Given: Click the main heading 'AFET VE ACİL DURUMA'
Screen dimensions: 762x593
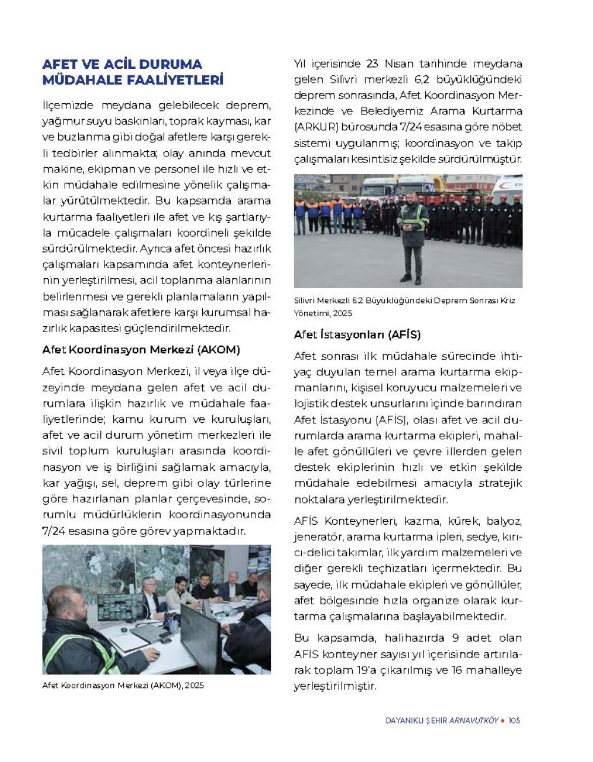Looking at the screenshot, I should coord(122,64).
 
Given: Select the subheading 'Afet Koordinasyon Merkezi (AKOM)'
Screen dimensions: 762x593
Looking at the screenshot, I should coord(141,350).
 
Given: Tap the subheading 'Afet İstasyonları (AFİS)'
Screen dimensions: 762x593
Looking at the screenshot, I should coord(357,334).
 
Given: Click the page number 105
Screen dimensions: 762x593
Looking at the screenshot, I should coord(514,720).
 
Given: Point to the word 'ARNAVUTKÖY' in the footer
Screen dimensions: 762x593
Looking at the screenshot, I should coord(474,720).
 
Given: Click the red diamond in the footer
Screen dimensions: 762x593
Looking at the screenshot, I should coord(503,720).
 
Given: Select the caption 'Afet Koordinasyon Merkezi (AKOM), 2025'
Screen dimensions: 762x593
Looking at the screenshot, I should coord(123,686).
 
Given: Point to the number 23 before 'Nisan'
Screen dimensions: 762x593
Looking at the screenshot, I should coord(372,64).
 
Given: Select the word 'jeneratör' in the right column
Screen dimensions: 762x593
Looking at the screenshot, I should coord(318,537).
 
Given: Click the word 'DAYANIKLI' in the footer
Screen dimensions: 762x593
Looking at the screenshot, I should coord(403,720).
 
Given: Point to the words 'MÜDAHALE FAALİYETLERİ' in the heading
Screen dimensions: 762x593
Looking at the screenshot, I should coord(133,80).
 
